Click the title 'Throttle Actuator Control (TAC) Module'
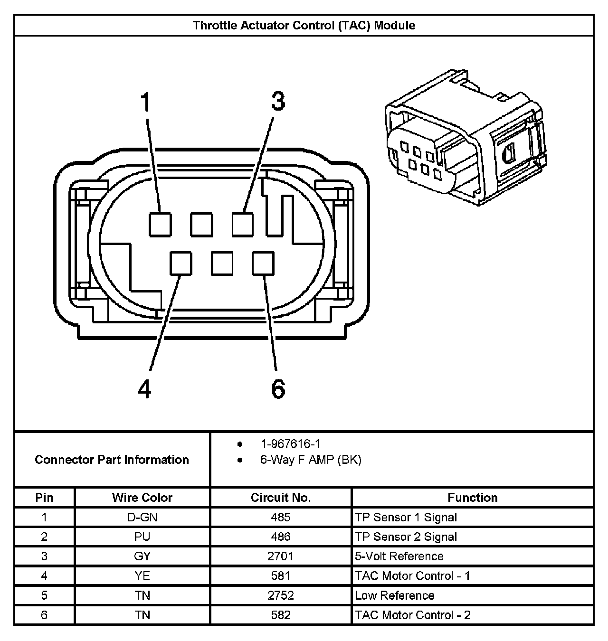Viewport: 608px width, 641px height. coord(304,25)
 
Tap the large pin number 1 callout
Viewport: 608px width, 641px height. coord(145,102)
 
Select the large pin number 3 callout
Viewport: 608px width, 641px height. coord(278,101)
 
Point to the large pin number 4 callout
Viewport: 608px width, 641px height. coord(144,389)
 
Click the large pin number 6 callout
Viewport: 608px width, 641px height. coord(278,389)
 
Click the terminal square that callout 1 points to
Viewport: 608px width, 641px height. coord(160,224)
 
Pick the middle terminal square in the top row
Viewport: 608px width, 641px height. coord(201,224)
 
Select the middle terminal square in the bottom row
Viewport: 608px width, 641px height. coord(222,263)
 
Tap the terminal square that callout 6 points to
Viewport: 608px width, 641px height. coord(263,263)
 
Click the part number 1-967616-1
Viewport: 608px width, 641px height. coord(290,444)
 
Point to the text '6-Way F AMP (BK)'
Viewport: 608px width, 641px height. coord(311,460)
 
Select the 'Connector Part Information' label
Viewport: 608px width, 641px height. coord(112,460)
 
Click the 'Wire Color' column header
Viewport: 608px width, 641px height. coord(142,498)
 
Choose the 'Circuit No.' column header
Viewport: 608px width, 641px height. coord(281,498)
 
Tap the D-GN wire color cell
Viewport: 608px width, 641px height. coord(142,517)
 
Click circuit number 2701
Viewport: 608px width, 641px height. coord(281,556)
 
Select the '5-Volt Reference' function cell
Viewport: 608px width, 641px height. coord(399,556)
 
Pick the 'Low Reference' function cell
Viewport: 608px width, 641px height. coord(394,595)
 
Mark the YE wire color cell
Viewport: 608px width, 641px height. coord(142,575)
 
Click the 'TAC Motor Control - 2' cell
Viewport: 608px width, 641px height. coord(412,615)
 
